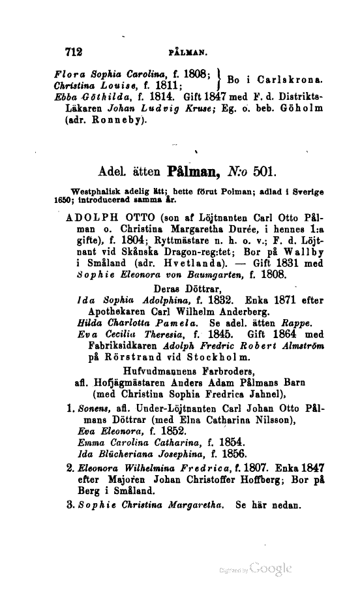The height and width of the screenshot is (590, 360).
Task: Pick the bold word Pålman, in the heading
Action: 195,174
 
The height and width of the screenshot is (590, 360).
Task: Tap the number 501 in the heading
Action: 265,174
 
